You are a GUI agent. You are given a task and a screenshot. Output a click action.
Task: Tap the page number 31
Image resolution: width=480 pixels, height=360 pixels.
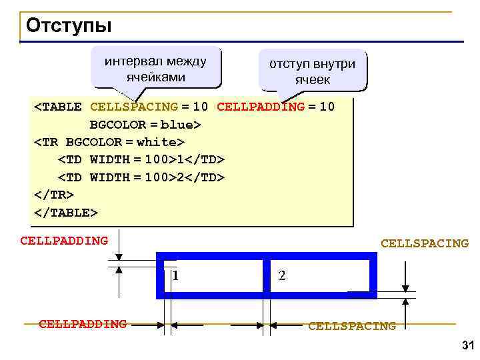tap(466, 345)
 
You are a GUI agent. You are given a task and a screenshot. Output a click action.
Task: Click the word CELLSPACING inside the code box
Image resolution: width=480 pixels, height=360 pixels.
tap(133, 107)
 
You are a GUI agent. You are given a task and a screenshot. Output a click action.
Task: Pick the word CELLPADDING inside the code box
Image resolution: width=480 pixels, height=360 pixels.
tap(261, 107)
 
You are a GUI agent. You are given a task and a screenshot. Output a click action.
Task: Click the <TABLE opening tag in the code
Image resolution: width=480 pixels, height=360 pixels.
tap(58, 107)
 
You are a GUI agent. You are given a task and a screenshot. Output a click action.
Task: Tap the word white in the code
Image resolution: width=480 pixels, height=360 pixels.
tap(157, 142)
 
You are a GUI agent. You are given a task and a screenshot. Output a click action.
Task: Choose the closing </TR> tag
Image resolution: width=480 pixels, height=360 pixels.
tap(54, 195)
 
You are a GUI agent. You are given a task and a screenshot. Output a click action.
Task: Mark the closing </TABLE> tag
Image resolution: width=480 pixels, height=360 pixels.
tap(66, 212)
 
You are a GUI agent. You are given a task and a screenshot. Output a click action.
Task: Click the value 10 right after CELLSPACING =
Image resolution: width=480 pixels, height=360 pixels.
tap(201, 107)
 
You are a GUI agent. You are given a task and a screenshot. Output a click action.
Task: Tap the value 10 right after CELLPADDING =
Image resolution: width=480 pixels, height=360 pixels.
tap(327, 107)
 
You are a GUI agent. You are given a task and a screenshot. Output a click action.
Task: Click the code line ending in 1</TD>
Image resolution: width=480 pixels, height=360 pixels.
tap(141, 160)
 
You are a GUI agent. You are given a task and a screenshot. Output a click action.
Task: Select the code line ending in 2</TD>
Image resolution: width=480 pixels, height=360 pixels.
tap(141, 177)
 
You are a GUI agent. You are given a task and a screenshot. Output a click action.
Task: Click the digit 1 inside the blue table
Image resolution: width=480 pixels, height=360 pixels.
tap(174, 275)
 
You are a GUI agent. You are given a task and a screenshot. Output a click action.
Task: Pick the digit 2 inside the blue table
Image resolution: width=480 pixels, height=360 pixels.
tap(282, 275)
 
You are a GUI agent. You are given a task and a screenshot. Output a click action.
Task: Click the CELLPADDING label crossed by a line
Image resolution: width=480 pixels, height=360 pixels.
tap(83, 324)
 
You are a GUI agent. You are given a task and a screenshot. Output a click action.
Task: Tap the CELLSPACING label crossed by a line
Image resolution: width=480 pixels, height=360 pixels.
tap(351, 326)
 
